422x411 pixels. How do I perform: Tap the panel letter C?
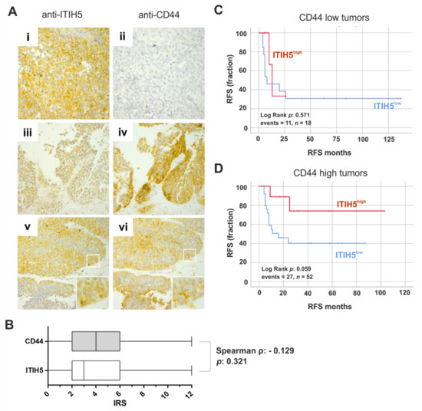[219, 9]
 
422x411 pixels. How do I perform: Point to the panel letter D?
[219, 166]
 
